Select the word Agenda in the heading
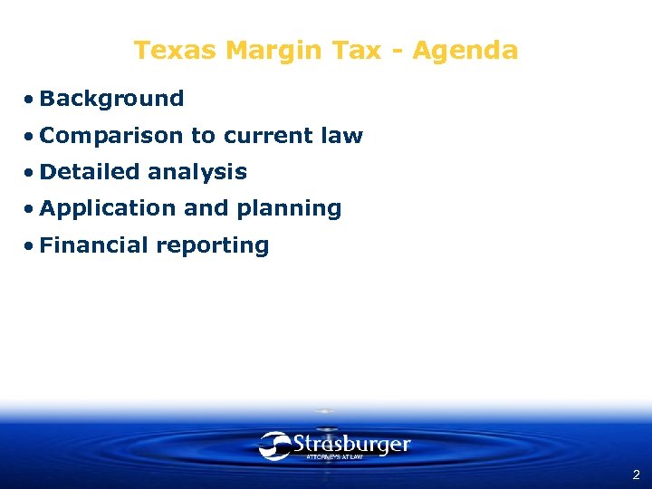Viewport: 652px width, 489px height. point(465,50)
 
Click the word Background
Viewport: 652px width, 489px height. point(111,99)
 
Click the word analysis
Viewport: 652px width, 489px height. point(197,172)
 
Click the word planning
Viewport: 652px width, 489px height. point(289,209)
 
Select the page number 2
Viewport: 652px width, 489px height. point(636,475)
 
